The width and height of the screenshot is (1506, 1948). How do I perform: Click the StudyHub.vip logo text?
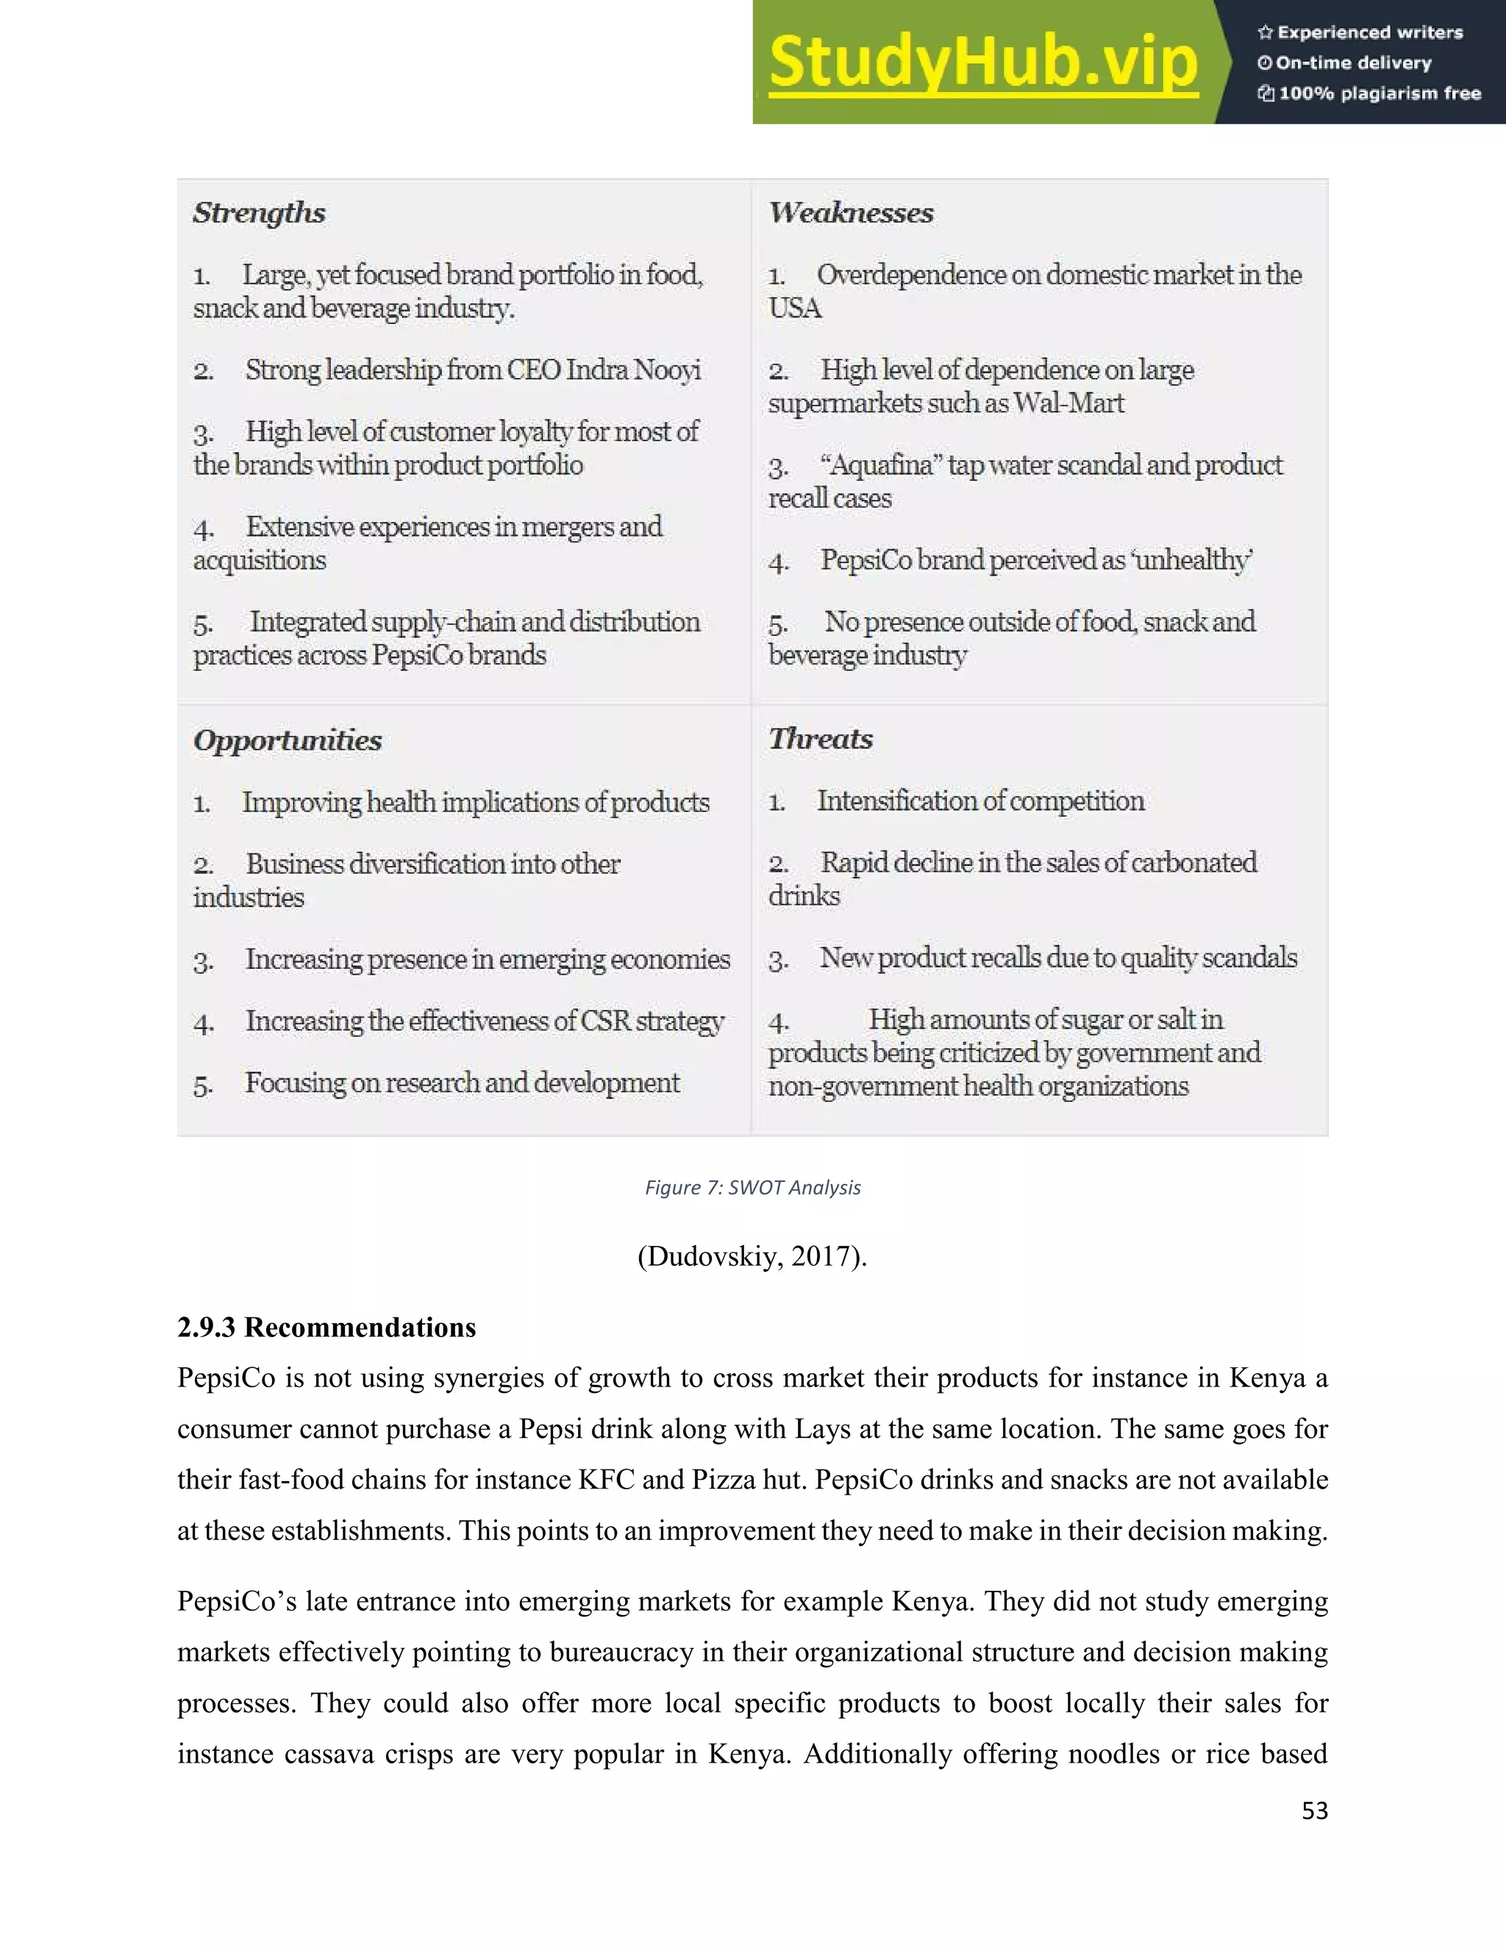point(982,62)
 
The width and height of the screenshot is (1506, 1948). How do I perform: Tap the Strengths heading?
point(259,212)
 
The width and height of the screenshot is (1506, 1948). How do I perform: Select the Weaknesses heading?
point(851,212)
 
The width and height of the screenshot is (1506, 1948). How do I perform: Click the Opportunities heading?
point(288,740)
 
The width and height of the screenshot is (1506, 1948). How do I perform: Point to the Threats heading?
point(820,739)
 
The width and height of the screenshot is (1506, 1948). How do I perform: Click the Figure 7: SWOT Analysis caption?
point(752,1187)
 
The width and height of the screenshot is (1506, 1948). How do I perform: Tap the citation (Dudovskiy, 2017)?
point(752,1256)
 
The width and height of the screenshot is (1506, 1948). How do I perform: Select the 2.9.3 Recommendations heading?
point(326,1327)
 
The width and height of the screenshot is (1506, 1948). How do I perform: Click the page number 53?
point(1313,1811)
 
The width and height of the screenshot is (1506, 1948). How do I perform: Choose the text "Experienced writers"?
point(1369,33)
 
